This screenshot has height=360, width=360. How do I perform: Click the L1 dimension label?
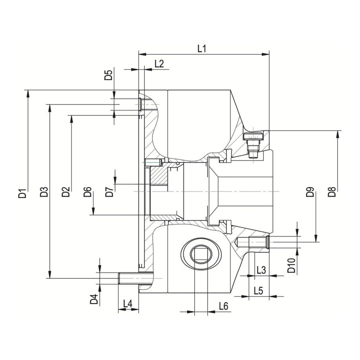pyautogui.click(x=202, y=49)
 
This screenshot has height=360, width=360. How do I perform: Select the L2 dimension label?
pyautogui.click(x=159, y=63)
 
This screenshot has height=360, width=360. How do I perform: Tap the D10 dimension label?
pyautogui.click(x=292, y=265)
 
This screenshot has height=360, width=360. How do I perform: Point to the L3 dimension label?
pyautogui.click(x=261, y=270)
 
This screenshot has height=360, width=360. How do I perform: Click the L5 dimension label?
pyautogui.click(x=259, y=291)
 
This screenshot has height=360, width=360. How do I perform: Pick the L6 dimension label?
pyautogui.click(x=223, y=306)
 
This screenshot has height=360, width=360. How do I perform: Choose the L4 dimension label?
pyautogui.click(x=128, y=304)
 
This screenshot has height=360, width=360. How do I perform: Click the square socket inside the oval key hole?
pyautogui.click(x=201, y=254)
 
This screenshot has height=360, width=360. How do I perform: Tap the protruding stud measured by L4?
pyautogui.click(x=129, y=278)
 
